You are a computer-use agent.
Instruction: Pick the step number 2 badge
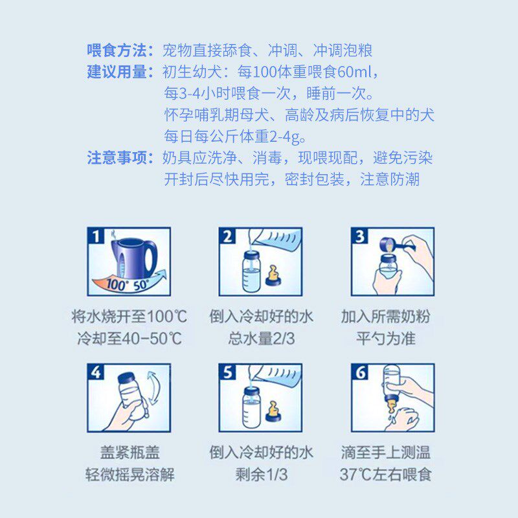pos(227,236)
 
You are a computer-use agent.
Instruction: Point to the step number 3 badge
pos(360,236)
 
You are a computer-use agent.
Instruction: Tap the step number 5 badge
pos(227,373)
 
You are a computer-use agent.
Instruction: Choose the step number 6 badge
pos(360,373)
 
